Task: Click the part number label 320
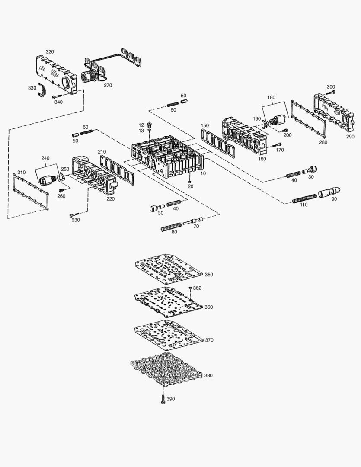(50, 52)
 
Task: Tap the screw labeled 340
(58, 96)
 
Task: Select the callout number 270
(108, 86)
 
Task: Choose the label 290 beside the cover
(350, 137)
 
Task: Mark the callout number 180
(271, 98)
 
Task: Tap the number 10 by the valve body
(203, 173)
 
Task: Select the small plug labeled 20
(190, 180)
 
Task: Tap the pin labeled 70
(193, 221)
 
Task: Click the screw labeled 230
(74, 214)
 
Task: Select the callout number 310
(21, 172)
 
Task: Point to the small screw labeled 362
(190, 288)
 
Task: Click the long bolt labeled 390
(162, 398)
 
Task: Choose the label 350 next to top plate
(209, 275)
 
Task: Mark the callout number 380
(208, 376)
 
